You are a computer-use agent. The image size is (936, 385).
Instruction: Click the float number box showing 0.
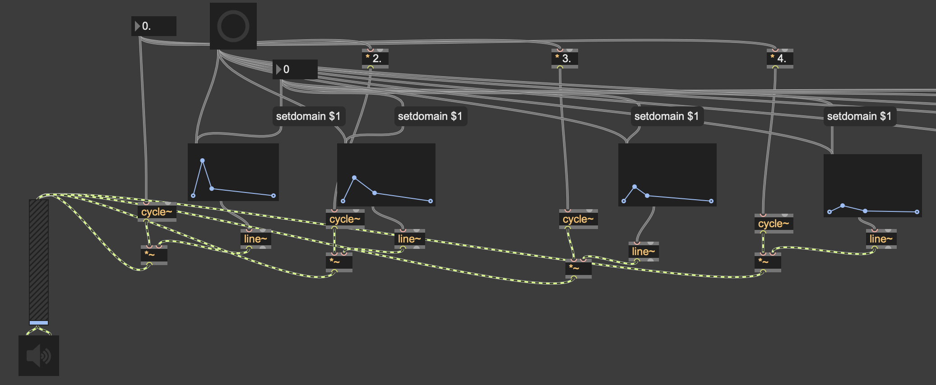click(x=154, y=26)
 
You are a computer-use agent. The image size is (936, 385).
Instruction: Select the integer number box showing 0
click(x=295, y=69)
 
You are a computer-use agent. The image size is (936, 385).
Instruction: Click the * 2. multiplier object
click(x=375, y=58)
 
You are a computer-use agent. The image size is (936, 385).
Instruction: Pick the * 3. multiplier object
click(x=564, y=58)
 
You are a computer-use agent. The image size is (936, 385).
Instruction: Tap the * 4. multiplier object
click(x=779, y=58)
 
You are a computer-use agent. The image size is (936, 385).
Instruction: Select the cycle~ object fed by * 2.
click(x=345, y=219)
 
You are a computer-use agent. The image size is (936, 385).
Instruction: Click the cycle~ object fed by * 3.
click(x=578, y=219)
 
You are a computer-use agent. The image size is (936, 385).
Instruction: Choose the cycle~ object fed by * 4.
click(x=774, y=224)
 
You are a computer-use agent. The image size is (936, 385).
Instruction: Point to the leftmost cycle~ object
click(x=157, y=212)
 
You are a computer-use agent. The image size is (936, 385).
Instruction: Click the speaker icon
click(x=39, y=356)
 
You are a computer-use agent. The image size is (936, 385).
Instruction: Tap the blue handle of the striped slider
click(x=39, y=323)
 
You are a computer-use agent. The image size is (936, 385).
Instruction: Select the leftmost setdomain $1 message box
click(x=308, y=116)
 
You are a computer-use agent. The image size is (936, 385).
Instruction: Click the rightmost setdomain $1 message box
click(x=859, y=116)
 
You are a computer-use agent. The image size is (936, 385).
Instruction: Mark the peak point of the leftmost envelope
click(x=203, y=160)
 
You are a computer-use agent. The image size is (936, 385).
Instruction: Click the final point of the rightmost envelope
click(x=917, y=212)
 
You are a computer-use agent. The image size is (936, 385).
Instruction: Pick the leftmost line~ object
click(x=255, y=239)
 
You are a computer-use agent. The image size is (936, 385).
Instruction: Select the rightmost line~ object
click(x=881, y=239)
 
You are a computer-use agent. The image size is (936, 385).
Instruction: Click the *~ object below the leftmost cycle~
click(x=153, y=255)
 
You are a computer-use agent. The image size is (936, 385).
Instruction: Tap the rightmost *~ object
click(x=767, y=262)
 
